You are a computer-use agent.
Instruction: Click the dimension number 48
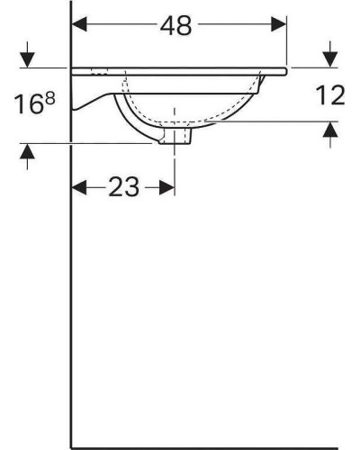pos(178,26)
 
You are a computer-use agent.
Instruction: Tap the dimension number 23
pos(123,187)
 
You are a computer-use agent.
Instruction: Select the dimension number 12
pos(330,95)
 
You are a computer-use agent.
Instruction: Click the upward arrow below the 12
pos(330,130)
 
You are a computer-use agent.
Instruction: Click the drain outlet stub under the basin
pos(174,137)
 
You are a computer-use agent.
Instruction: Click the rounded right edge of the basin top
pos(284,69)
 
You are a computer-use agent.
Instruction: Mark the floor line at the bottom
pos(207,433)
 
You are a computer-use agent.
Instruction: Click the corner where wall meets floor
pos(72,433)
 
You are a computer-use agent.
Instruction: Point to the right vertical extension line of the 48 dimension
pos(286,40)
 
